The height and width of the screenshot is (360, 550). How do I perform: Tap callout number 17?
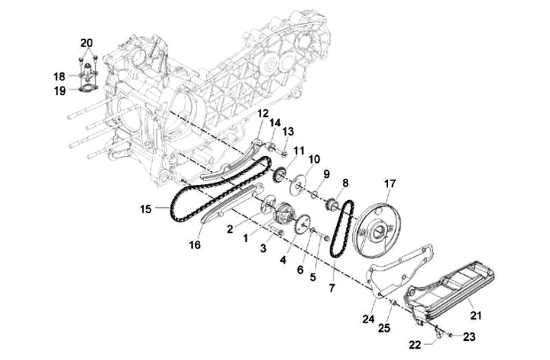click(390, 183)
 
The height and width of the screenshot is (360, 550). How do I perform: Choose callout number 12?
click(263, 114)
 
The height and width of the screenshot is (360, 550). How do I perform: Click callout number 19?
click(60, 91)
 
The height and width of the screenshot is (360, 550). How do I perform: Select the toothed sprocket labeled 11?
click(280, 174)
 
